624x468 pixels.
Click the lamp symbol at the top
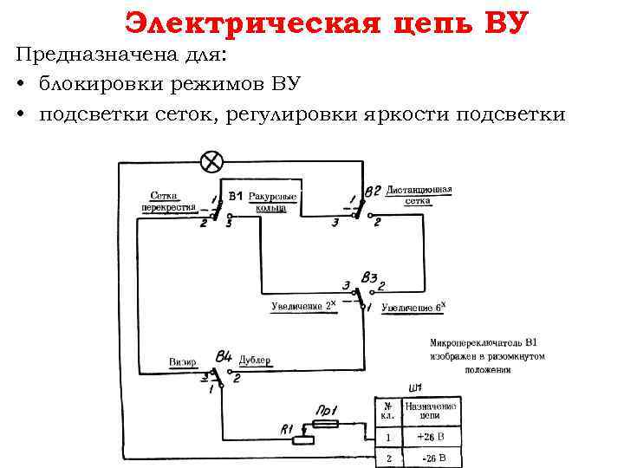tap(211, 161)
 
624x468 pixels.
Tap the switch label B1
tap(236, 197)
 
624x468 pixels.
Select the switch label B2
tap(373, 191)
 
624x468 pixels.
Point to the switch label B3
tap(370, 278)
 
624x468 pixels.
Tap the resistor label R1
tap(289, 429)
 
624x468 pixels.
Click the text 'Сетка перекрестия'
tap(169, 202)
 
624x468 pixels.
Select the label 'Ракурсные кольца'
tap(273, 203)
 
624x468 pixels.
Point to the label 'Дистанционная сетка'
tap(419, 195)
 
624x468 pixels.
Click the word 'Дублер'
tap(255, 361)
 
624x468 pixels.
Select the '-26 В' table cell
tap(431, 458)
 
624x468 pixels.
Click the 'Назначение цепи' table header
tap(431, 411)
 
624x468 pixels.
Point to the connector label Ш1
tap(414, 387)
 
